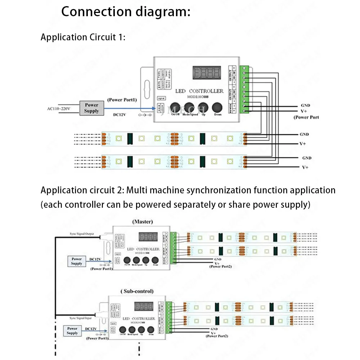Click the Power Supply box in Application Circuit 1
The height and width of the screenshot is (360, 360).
91,108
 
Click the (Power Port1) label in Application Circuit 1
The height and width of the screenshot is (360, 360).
122,100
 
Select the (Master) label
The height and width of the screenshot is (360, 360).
143,221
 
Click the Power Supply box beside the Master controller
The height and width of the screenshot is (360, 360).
77,261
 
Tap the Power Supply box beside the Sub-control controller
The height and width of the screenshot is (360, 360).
72,330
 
